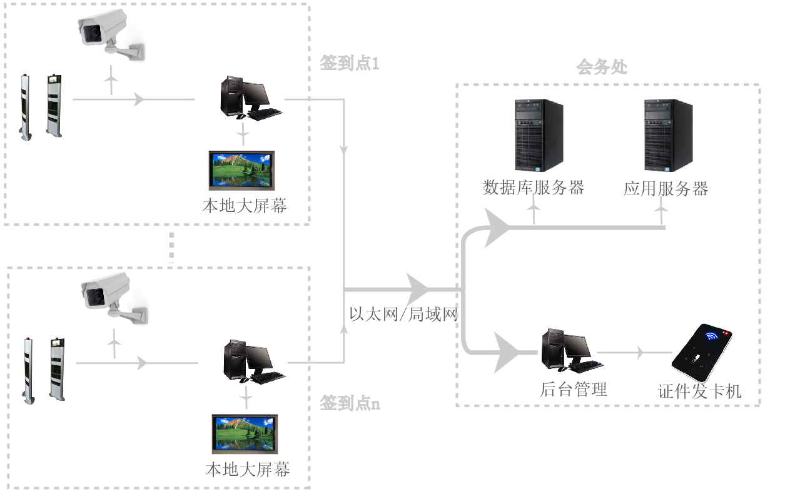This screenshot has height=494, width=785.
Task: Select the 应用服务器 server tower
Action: pyautogui.click(x=668, y=134)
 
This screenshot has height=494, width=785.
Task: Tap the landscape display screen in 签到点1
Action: pyautogui.click(x=241, y=169)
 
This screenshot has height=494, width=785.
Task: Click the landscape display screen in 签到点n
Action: pyautogui.click(x=245, y=434)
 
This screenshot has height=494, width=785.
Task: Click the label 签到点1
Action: pyautogui.click(x=350, y=64)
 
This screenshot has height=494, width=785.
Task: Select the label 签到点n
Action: pyautogui.click(x=350, y=403)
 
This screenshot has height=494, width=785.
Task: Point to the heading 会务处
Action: pyautogui.click(x=602, y=67)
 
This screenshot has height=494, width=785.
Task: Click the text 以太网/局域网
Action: pyautogui.click(x=403, y=315)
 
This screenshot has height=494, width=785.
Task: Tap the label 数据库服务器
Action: pyautogui.click(x=534, y=188)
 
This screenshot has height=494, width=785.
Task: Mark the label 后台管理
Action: pyautogui.click(x=574, y=390)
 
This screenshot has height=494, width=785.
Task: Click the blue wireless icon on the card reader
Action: pyautogui.click(x=712, y=336)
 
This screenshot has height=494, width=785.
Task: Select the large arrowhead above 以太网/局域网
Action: pyautogui.click(x=417, y=290)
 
